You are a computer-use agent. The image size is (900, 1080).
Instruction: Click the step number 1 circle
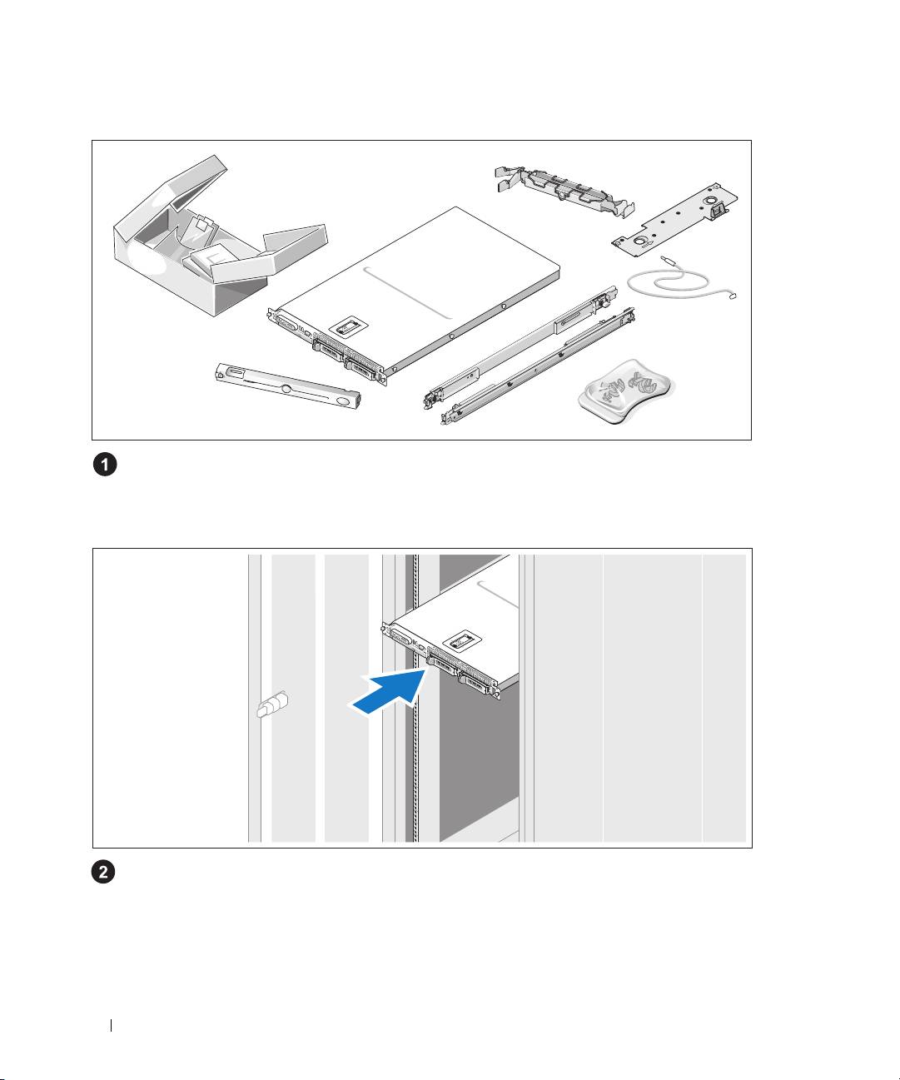[105, 465]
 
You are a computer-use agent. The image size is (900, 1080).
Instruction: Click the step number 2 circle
[103, 872]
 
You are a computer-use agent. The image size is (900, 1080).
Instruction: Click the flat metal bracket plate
[674, 218]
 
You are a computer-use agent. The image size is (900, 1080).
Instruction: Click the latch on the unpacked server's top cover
[346, 327]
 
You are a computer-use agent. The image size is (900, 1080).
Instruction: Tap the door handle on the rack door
[272, 704]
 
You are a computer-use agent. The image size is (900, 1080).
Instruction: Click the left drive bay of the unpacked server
[327, 351]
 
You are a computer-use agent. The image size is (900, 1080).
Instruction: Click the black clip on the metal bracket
[718, 210]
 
